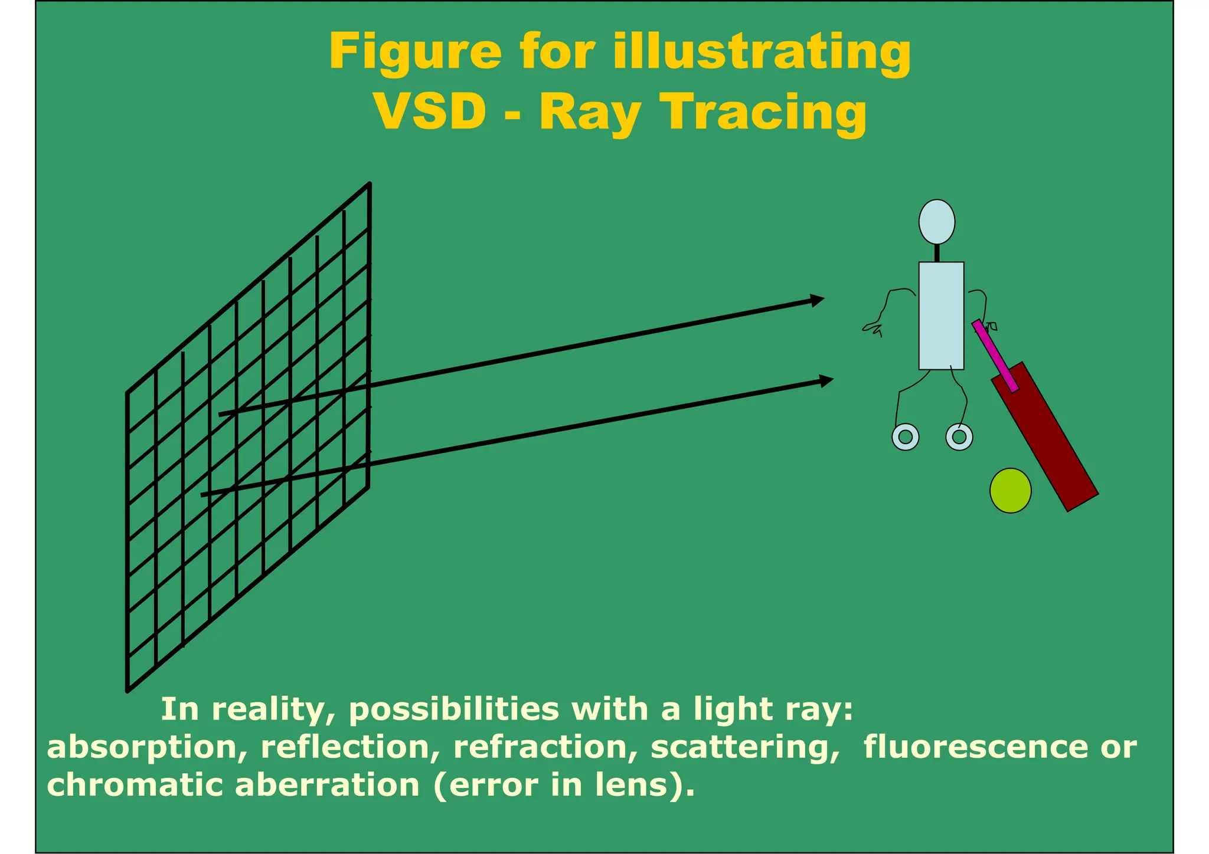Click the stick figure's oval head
point(937,222)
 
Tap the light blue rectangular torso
point(941,316)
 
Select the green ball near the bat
point(1010,490)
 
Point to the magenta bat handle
point(995,356)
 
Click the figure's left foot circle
point(905,437)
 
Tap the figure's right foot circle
point(959,437)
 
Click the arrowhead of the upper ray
point(817,300)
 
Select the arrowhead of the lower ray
point(826,380)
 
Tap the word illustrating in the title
point(762,52)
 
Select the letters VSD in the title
point(430,112)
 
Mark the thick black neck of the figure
point(937,253)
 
